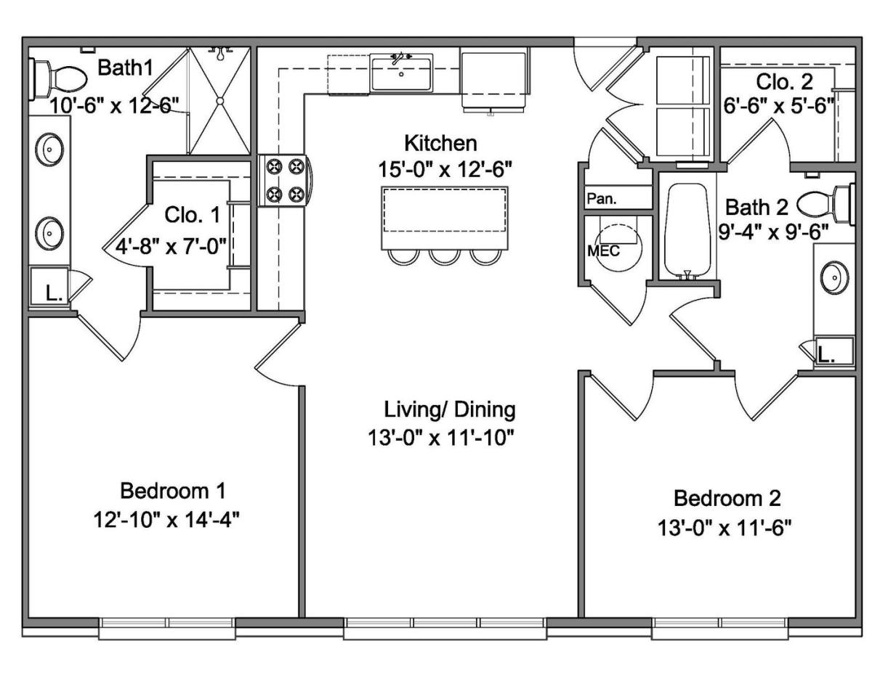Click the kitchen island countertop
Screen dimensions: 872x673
coord(444,218)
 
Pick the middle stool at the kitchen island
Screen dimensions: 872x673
coord(444,257)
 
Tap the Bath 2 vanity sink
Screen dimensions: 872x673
coord(835,277)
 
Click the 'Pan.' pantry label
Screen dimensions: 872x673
coord(602,198)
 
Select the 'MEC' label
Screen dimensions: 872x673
coord(603,251)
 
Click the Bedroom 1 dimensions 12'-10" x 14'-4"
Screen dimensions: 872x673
coord(166,520)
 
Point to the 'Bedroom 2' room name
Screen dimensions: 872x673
coord(727,498)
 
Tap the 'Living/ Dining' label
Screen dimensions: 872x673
coord(449,410)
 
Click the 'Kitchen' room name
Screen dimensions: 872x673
coord(440,143)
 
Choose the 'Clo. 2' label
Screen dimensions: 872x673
coord(785,82)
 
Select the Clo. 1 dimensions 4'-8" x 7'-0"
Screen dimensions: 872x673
coord(171,245)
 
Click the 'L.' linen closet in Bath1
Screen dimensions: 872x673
coord(50,287)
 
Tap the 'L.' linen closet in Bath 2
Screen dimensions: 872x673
coord(833,353)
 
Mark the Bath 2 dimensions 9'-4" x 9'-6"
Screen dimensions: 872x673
coord(773,232)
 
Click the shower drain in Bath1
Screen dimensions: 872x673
coord(220,101)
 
